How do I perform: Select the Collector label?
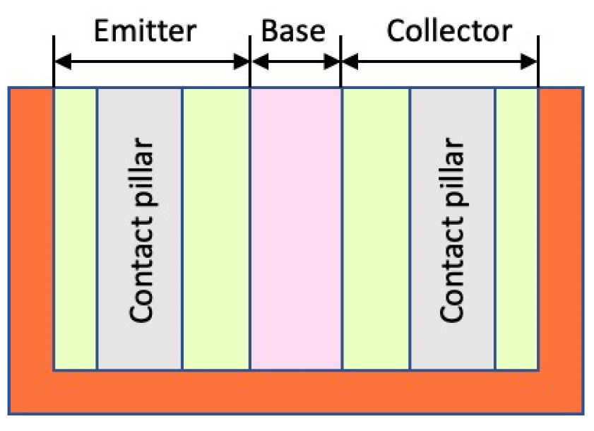tap(449, 31)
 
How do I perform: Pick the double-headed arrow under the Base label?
tap(295, 62)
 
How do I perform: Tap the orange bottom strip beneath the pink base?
tap(295, 391)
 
